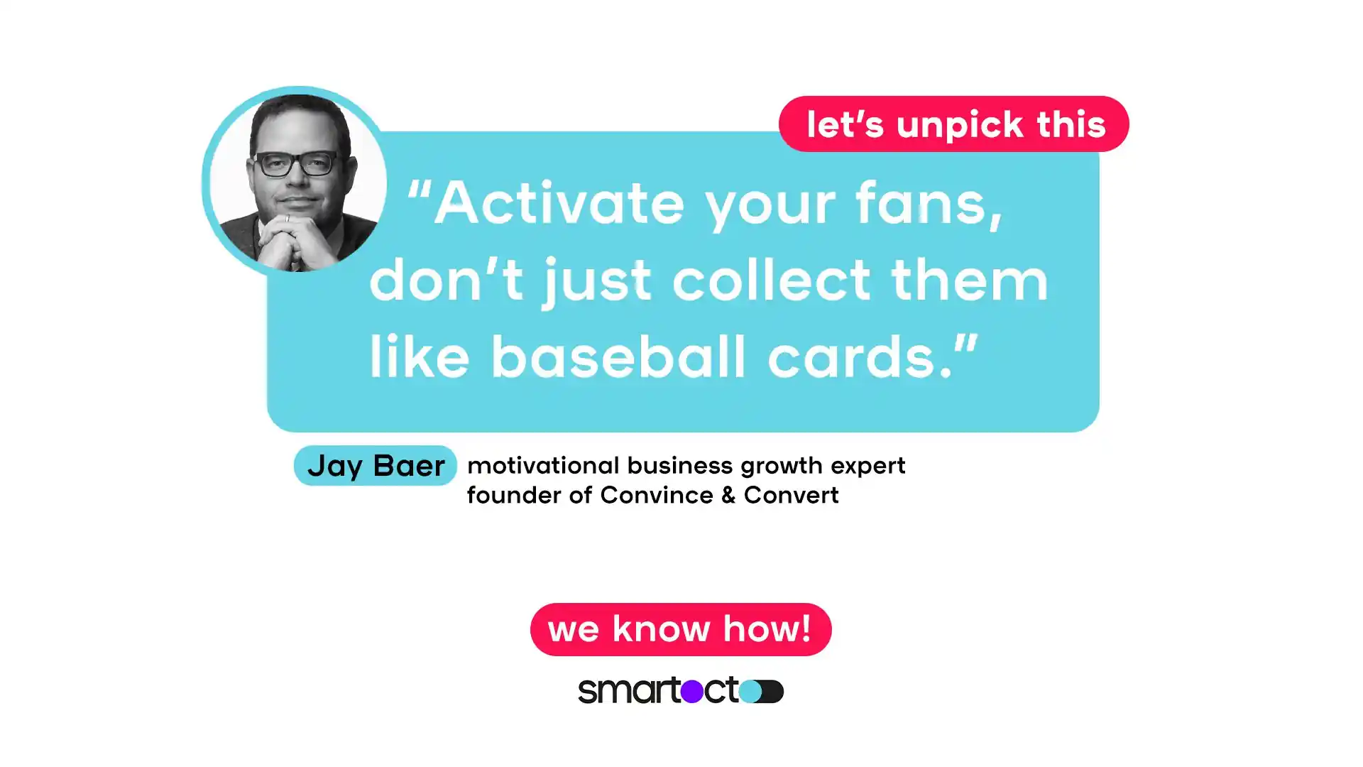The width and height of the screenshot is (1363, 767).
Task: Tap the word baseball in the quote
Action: pyautogui.click(x=618, y=357)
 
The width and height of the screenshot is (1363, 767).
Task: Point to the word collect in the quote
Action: pyautogui.click(x=771, y=280)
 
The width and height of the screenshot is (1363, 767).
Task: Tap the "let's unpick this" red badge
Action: pyautogui.click(x=953, y=124)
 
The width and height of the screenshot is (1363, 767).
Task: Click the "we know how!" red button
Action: pyautogui.click(x=680, y=629)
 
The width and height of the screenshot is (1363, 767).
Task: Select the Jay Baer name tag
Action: pyautogui.click(x=375, y=466)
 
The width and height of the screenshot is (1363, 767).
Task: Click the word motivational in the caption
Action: pyautogui.click(x=543, y=466)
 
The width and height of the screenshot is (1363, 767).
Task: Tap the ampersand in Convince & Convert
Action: pyautogui.click(x=728, y=495)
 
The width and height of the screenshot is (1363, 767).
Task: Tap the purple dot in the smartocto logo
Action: pyautogui.click(x=691, y=691)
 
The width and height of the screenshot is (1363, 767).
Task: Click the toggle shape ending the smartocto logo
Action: pyautogui.click(x=762, y=691)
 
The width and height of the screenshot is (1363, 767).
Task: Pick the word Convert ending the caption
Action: pyautogui.click(x=791, y=495)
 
